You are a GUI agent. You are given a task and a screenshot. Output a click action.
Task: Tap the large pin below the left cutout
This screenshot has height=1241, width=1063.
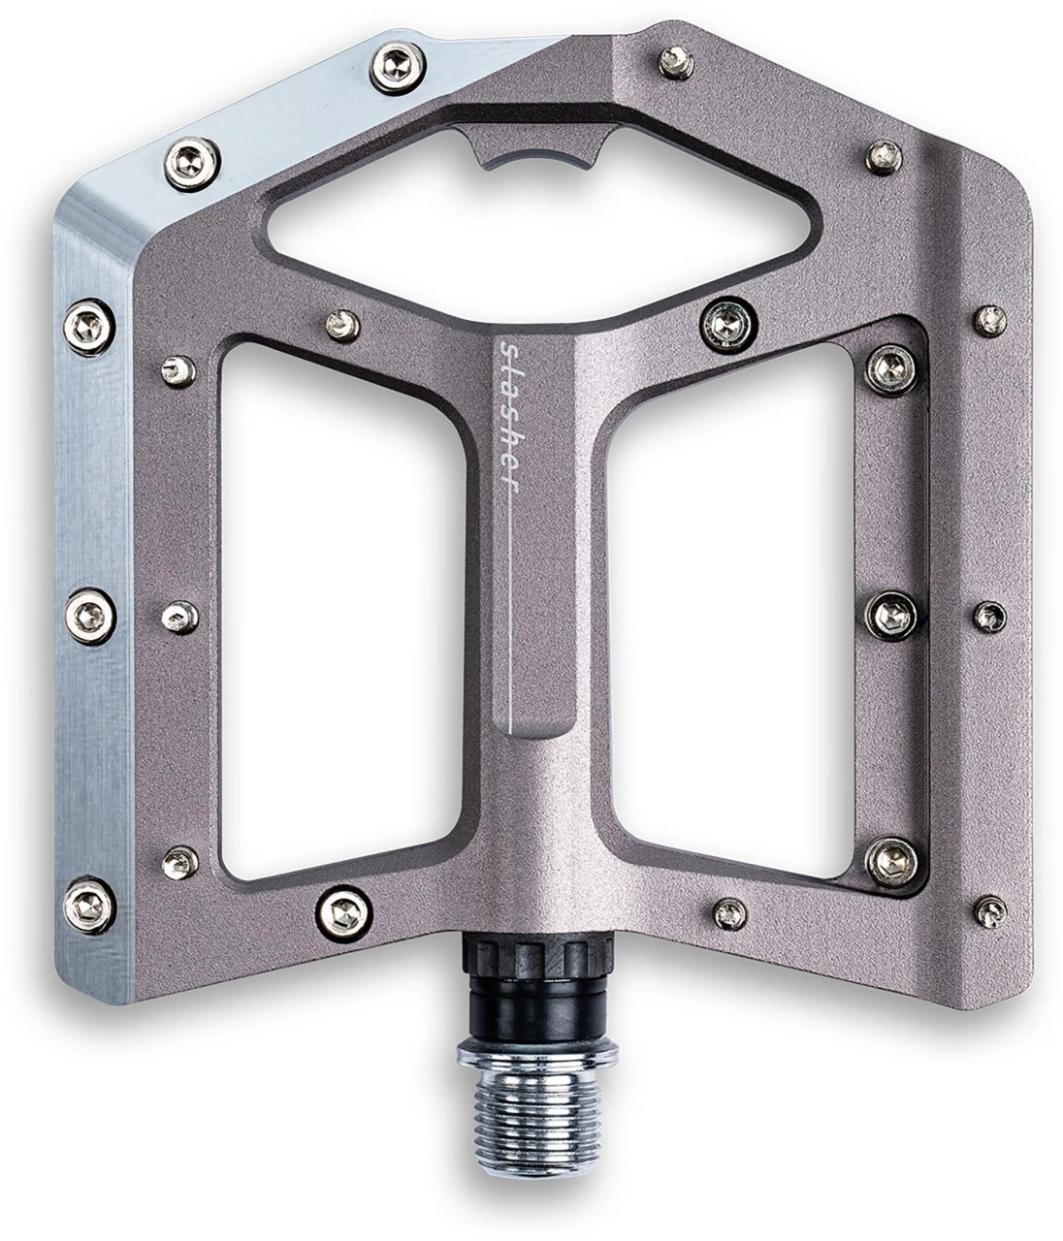coord(342,908)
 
